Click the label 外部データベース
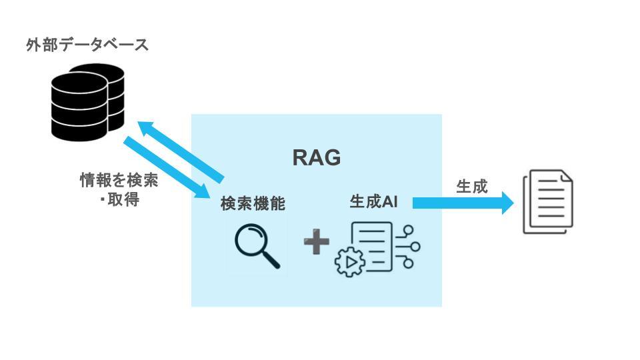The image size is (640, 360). click(87, 45)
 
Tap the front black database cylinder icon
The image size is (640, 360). click(79, 107)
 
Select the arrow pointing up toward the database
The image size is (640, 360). click(181, 151)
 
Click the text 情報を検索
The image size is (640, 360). click(119, 180)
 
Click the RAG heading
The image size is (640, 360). click(316, 157)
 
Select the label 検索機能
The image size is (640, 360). click(253, 203)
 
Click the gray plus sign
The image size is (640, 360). click(317, 241)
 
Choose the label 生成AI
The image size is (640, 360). click(373, 201)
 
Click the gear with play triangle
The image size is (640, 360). click(350, 262)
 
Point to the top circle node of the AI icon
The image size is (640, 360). click(408, 230)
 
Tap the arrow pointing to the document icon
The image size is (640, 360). click(463, 203)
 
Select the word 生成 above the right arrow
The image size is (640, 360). click(472, 186)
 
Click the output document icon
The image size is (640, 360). click(548, 201)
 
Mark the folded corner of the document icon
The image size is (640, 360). click(567, 176)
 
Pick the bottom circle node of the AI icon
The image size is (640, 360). click(408, 263)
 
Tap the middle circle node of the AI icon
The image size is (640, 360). click(415, 247)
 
